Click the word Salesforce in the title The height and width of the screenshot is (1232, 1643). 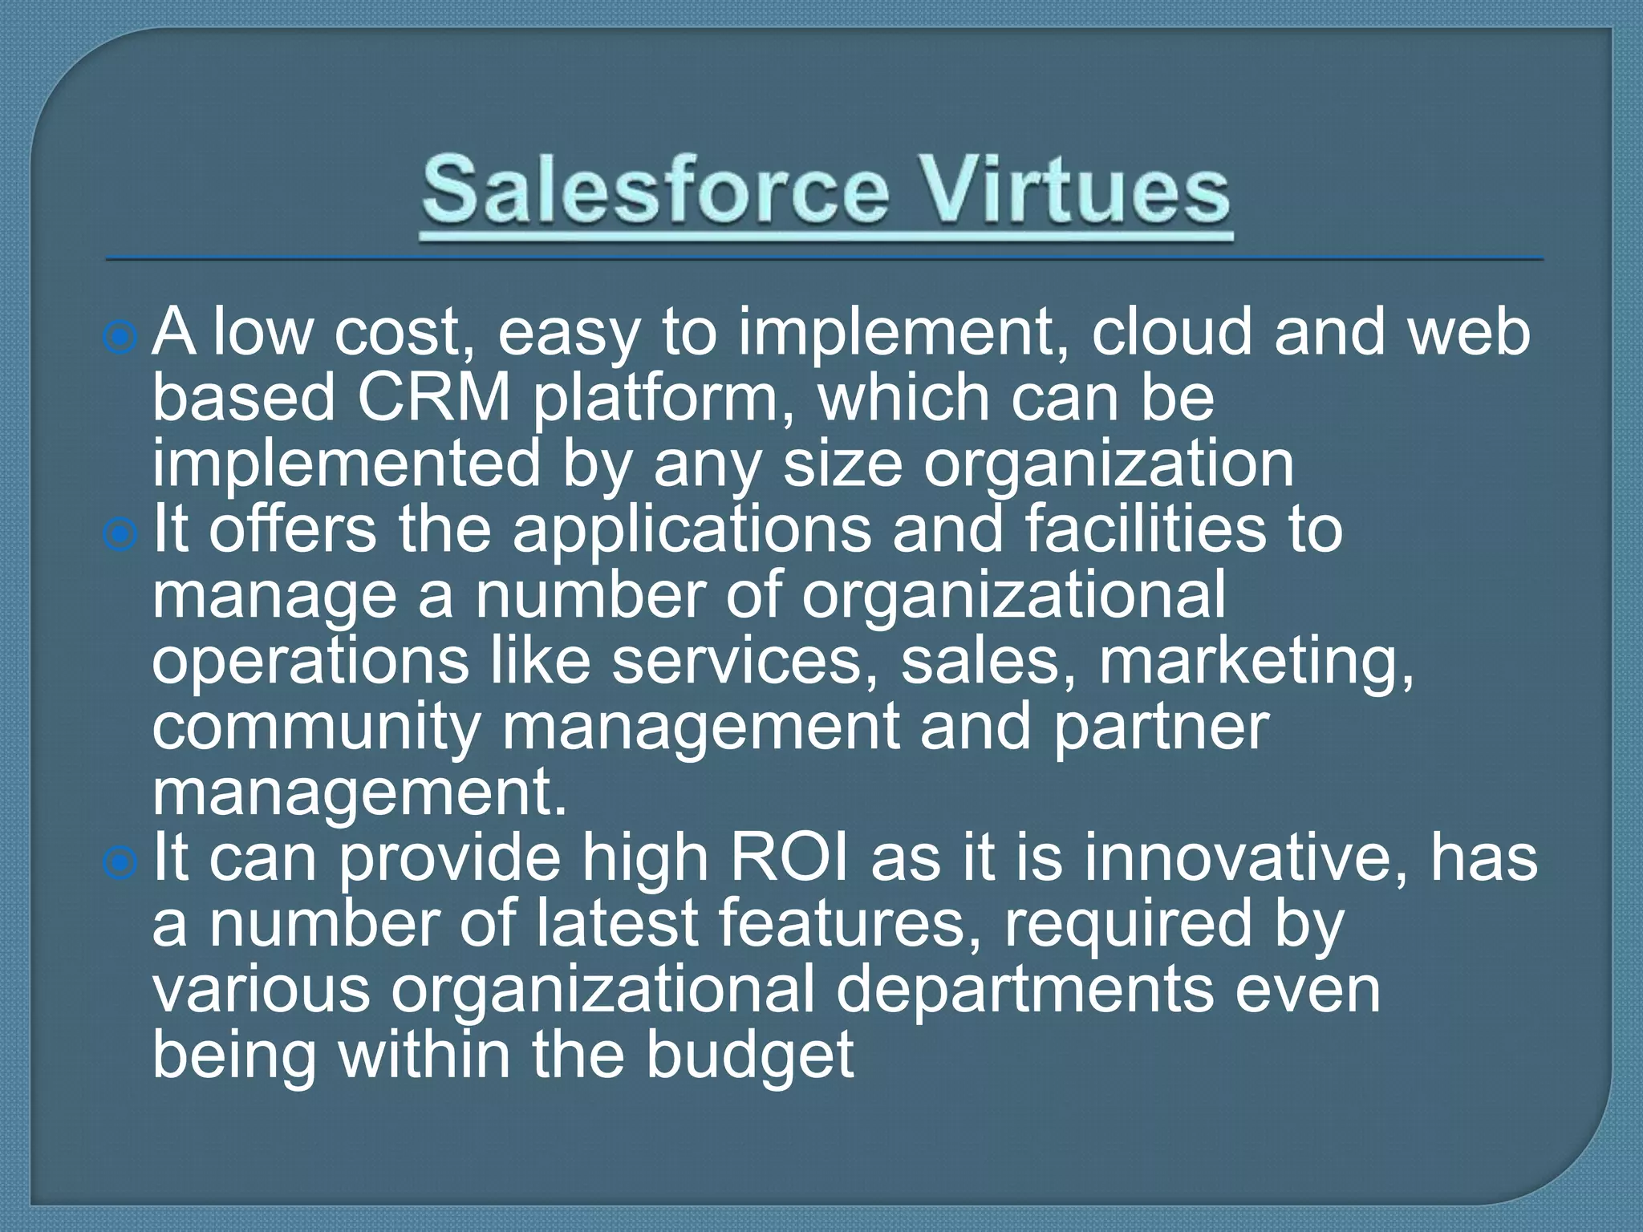(655, 191)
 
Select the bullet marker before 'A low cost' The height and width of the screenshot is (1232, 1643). (120, 338)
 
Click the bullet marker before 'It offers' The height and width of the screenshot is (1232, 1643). (120, 534)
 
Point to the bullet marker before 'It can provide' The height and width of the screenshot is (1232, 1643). (120, 863)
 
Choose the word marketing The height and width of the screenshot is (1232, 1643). (1255, 663)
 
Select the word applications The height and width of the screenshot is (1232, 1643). (692, 531)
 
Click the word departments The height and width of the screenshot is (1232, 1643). (1024, 990)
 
